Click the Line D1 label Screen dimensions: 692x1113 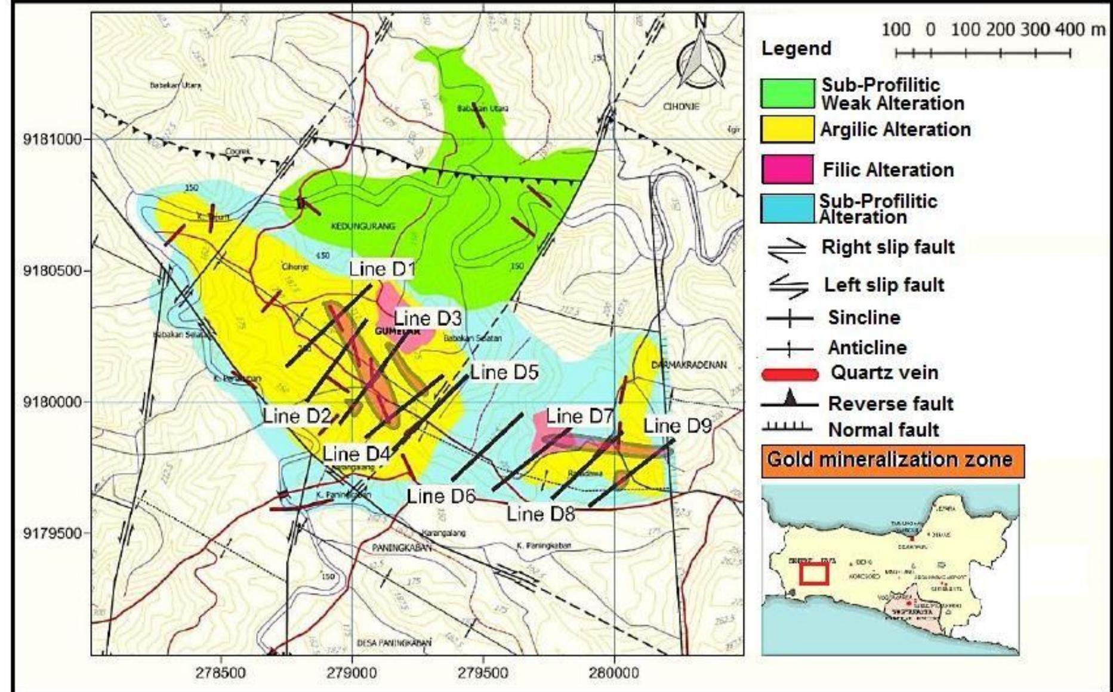(382, 269)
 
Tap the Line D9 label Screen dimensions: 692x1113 (677, 426)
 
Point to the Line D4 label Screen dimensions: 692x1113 (356, 454)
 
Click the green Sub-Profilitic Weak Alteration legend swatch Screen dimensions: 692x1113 (787, 94)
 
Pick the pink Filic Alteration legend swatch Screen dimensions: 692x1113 (787, 169)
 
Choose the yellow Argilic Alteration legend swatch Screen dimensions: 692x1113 (787, 129)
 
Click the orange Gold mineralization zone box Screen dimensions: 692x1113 (892, 460)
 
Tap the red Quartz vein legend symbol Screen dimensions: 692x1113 (790, 374)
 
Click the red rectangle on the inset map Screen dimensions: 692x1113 (814, 574)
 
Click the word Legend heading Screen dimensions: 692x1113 (796, 48)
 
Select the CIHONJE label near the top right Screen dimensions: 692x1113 (680, 106)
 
